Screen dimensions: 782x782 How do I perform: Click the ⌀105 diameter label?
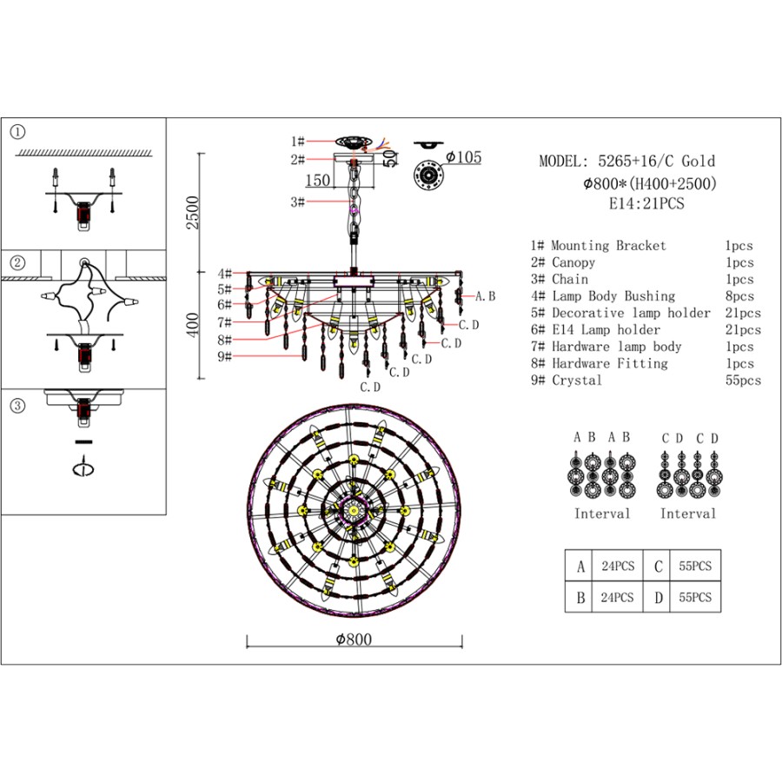pos(462,157)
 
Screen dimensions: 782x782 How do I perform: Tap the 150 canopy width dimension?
pos(317,180)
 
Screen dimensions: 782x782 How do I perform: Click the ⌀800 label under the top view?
pos(354,640)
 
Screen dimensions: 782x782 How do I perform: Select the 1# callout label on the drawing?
pos(298,141)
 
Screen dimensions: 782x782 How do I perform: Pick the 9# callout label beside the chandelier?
pos(225,356)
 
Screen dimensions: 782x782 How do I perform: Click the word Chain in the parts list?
pos(570,280)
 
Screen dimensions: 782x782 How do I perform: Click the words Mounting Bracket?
pos(608,246)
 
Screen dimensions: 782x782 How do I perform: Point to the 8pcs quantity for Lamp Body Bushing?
pos(739,296)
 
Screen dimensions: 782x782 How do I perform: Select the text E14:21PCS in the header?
pos(646,204)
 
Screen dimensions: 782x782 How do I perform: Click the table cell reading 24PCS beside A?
pos(618,567)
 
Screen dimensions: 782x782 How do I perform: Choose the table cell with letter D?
pos(659,598)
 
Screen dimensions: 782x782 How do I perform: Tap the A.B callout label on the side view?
pos(485,296)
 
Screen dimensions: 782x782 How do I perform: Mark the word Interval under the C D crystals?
pos(688,514)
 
